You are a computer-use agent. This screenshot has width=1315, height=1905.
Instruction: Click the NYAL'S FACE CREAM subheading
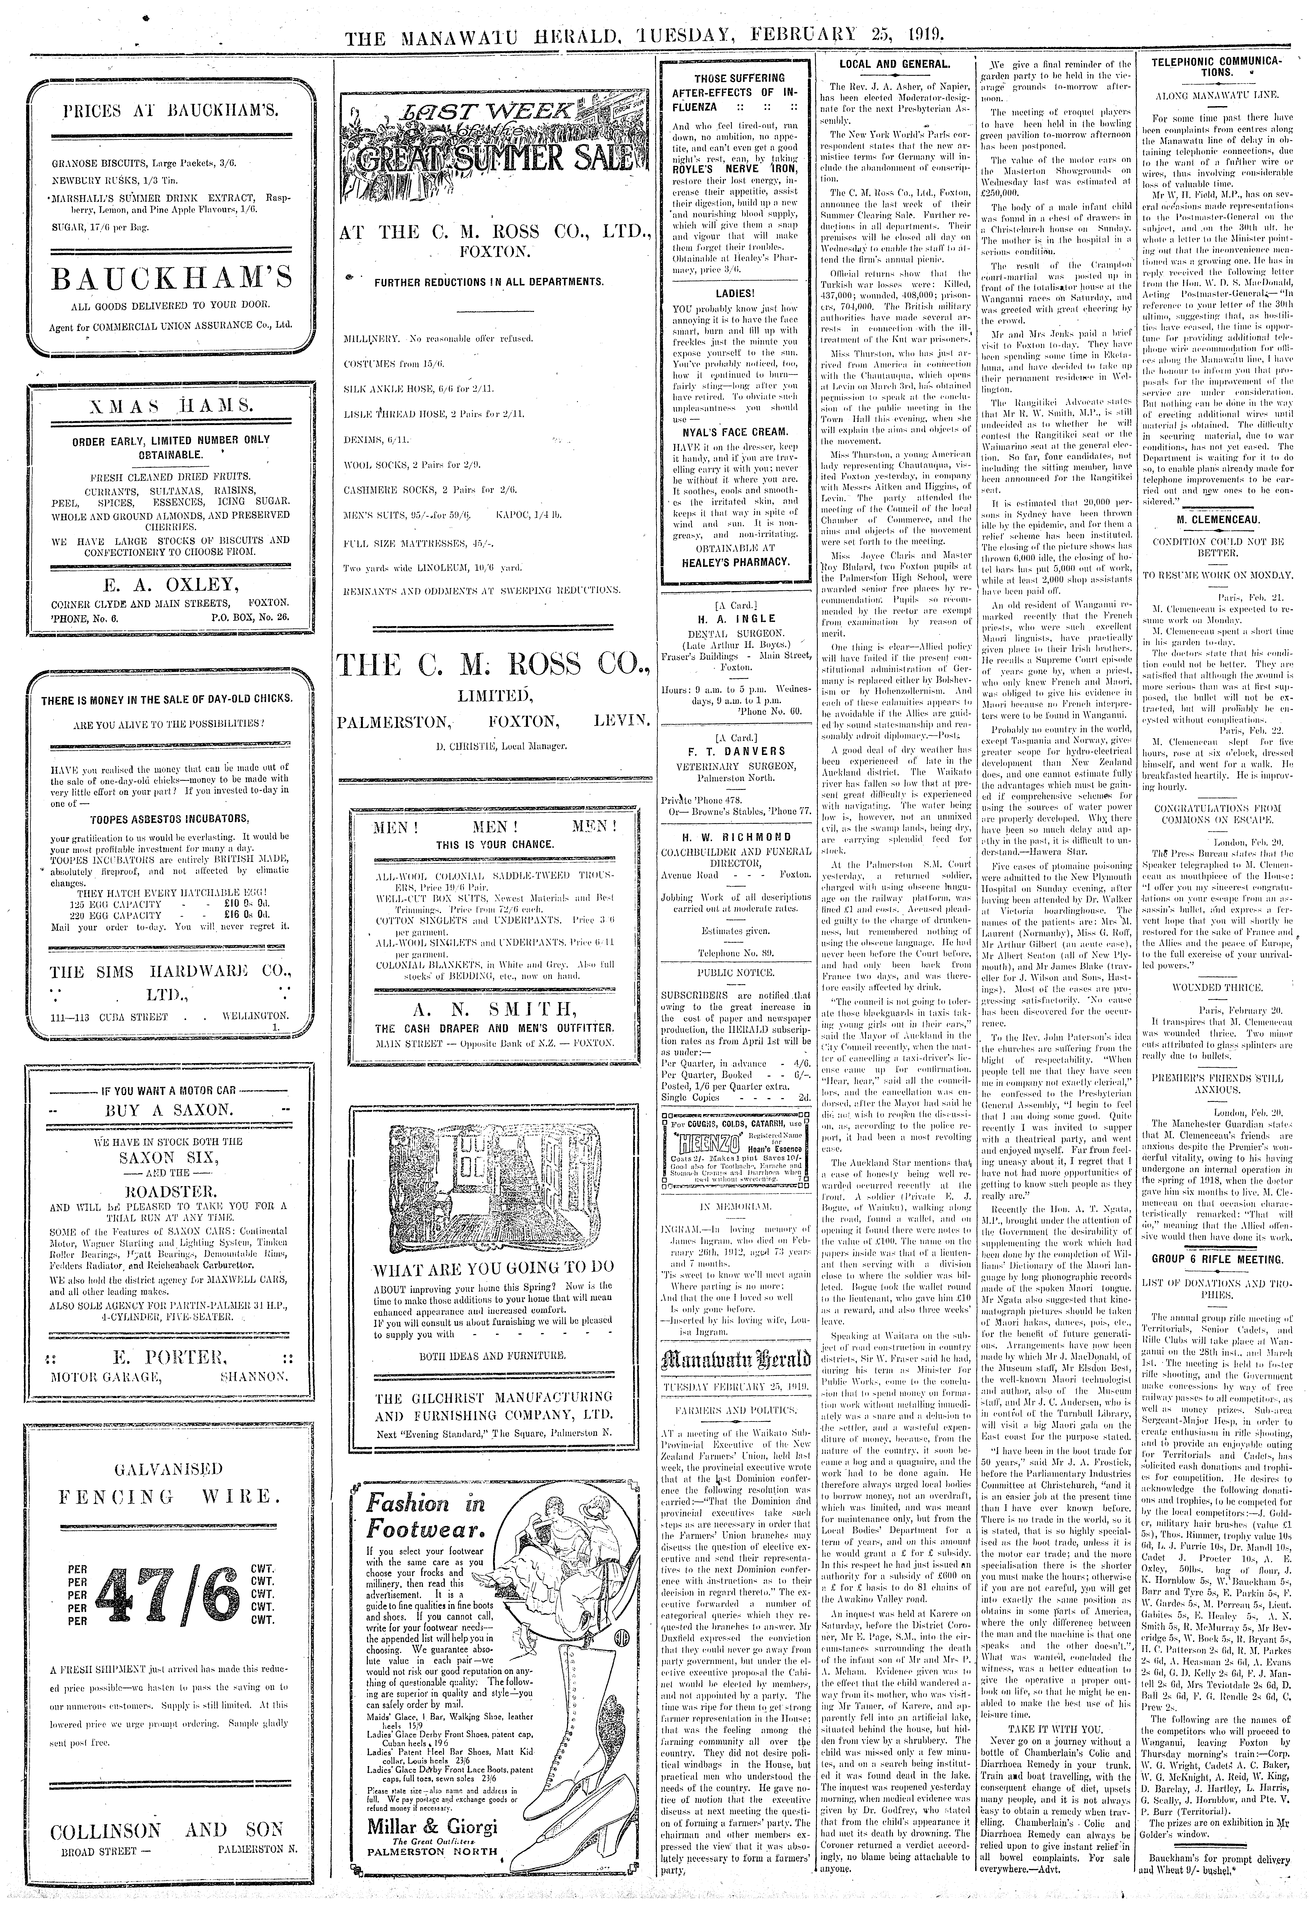(735, 432)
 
